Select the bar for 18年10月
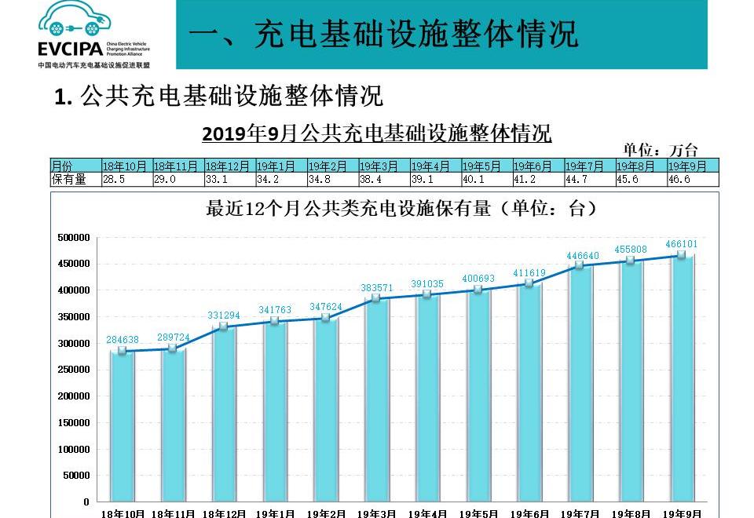[123, 428]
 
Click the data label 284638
[123, 340]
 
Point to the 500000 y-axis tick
[75, 237]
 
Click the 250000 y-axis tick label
[75, 370]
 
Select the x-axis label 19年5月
[481, 513]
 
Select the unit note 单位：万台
[661, 150]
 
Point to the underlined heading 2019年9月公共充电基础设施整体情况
[377, 133]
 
